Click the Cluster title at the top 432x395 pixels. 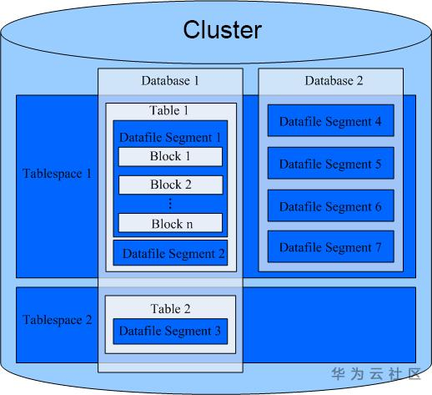(223, 29)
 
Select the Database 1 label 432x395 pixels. (170, 81)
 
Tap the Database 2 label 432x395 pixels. (334, 81)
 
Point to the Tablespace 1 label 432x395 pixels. (58, 174)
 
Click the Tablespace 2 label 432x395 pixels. (58, 320)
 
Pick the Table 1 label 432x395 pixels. (168, 110)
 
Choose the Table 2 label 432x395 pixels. (170, 309)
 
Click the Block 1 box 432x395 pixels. (170, 157)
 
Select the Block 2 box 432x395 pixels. (171, 185)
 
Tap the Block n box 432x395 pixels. (170, 223)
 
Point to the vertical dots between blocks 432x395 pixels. (170, 204)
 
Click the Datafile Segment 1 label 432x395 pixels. (170, 137)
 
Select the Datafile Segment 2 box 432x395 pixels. (170, 253)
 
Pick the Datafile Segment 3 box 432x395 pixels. (170, 332)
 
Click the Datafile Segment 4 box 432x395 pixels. (331, 120)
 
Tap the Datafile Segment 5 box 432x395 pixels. (331, 163)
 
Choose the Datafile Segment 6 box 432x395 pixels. (331, 205)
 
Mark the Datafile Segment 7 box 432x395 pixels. (331, 246)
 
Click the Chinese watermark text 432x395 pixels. (376, 373)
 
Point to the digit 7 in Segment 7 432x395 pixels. (378, 247)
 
